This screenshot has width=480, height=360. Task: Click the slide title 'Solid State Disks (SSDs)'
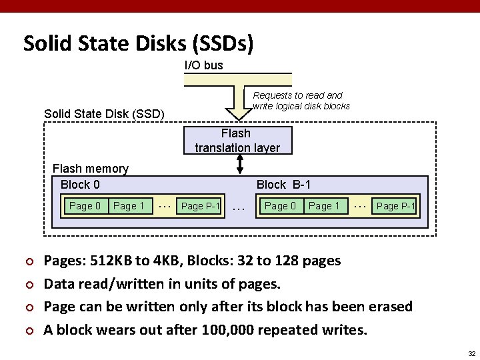(138, 44)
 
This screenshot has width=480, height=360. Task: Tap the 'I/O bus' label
(204, 65)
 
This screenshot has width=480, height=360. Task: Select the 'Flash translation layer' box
(237, 140)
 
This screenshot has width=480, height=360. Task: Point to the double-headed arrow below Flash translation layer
(237, 164)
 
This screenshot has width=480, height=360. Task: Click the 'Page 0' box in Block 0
(85, 206)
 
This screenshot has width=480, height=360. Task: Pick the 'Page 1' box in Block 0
(129, 206)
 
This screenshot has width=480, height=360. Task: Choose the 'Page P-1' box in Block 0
(200, 206)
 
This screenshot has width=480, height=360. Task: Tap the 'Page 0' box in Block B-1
(281, 206)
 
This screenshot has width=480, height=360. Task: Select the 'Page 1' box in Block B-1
(324, 206)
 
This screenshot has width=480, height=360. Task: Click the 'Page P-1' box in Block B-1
(395, 206)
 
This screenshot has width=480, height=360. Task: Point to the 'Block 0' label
(80, 184)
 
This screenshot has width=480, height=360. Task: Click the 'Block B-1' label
(283, 184)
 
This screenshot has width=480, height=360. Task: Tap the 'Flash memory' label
(90, 169)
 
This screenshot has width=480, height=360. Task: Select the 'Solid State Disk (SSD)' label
(104, 114)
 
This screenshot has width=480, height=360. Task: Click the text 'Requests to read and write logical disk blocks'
(301, 101)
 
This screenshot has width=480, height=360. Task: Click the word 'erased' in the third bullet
(389, 307)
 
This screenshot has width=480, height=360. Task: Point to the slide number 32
(471, 353)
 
